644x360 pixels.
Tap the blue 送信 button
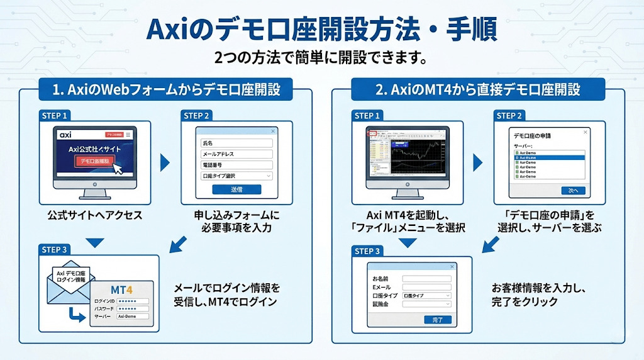pyautogui.click(x=236, y=189)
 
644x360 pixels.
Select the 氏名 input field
pyautogui.click(x=236, y=143)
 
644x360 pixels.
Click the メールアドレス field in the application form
pyautogui.click(x=236, y=154)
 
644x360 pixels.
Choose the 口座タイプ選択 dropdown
pyautogui.click(x=236, y=176)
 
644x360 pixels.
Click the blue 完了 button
pyautogui.click(x=438, y=320)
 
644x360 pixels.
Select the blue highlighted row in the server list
pyautogui.click(x=549, y=157)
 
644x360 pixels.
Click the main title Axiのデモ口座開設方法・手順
pyautogui.click(x=321, y=29)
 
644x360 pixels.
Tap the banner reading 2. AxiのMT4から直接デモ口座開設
pyautogui.click(x=478, y=89)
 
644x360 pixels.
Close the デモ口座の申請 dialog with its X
pyautogui.click(x=586, y=132)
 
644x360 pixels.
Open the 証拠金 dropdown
pyautogui.click(x=426, y=304)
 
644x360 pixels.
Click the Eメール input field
pyautogui.click(x=426, y=286)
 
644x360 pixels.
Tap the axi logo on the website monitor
pyautogui.click(x=65, y=135)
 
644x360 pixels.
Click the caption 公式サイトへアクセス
pyautogui.click(x=94, y=215)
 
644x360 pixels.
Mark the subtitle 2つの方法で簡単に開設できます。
pyautogui.click(x=321, y=59)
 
